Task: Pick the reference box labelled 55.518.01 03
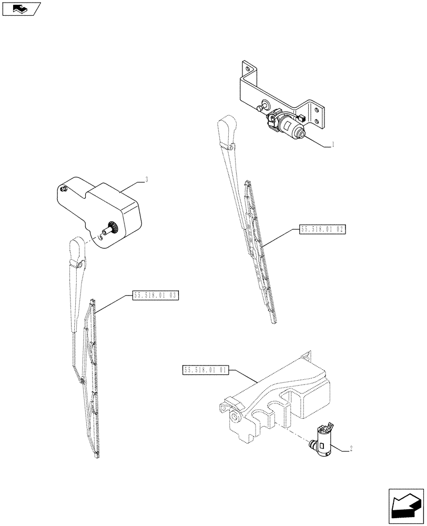(x=156, y=296)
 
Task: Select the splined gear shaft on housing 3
(x=111, y=229)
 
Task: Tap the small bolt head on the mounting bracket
(x=259, y=108)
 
